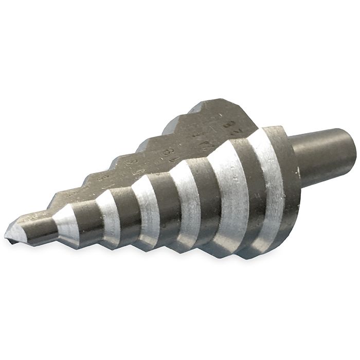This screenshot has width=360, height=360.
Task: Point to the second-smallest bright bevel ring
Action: [x=109, y=216]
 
